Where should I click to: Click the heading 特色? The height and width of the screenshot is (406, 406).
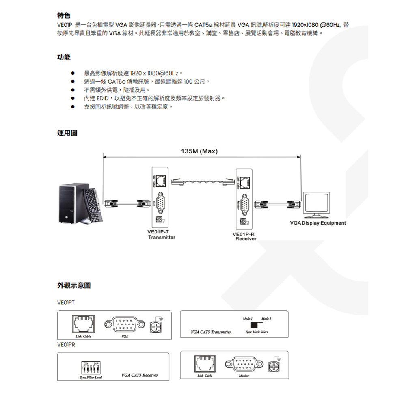(64, 16)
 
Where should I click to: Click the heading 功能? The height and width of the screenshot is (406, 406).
(64, 58)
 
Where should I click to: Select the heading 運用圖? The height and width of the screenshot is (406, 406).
(67, 133)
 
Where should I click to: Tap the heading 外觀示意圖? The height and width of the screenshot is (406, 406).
(74, 285)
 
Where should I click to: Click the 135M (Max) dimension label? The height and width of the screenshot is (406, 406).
(199, 151)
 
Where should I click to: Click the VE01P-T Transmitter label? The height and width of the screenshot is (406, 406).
(162, 235)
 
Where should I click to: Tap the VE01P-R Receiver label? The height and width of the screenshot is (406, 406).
(245, 236)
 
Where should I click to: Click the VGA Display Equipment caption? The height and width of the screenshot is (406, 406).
(318, 223)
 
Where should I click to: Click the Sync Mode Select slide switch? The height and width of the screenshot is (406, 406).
(257, 325)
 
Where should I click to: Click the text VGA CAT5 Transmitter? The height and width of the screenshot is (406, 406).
(211, 332)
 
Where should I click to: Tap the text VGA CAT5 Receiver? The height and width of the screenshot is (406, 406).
(140, 375)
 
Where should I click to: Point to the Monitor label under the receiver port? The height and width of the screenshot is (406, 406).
(244, 376)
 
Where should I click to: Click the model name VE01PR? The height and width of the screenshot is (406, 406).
(67, 344)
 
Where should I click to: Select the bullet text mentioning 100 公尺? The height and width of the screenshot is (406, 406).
(147, 82)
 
